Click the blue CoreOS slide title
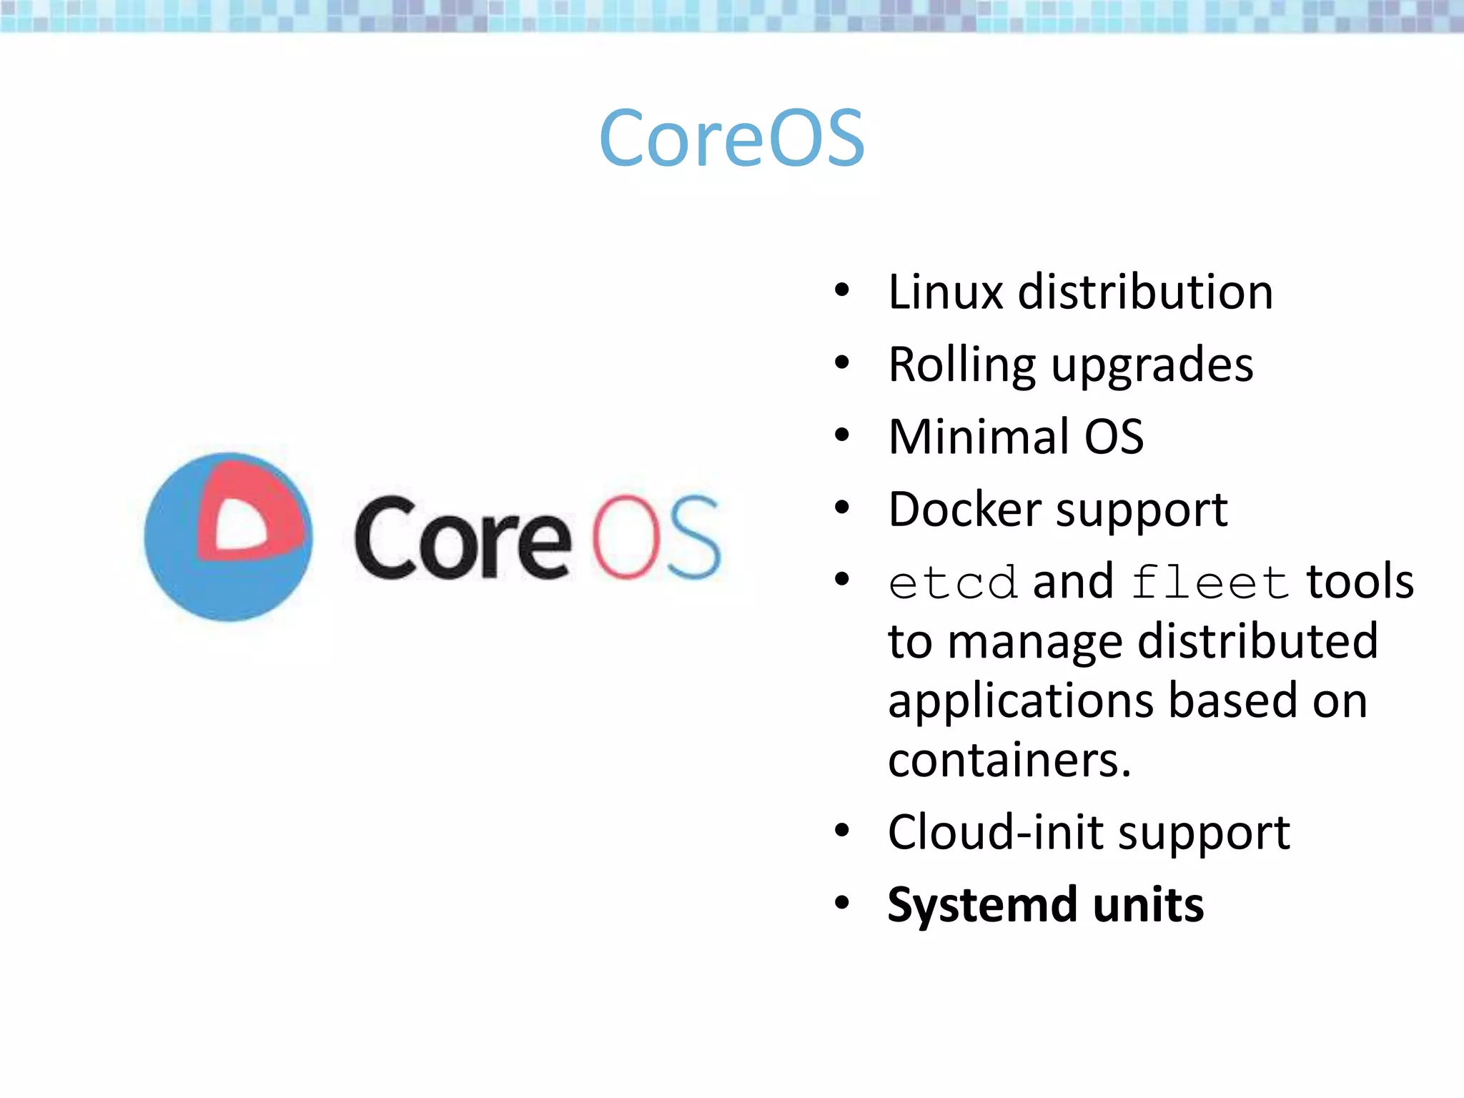[x=732, y=137]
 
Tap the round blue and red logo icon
[x=228, y=537]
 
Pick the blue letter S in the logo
[x=693, y=536]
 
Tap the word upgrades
[x=1152, y=366]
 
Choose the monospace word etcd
[x=952, y=583]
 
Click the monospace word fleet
[x=1210, y=583]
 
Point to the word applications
[x=1021, y=701]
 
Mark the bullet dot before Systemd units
[x=842, y=903]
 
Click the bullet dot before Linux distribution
[x=842, y=290]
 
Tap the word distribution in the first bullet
[x=1145, y=292]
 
